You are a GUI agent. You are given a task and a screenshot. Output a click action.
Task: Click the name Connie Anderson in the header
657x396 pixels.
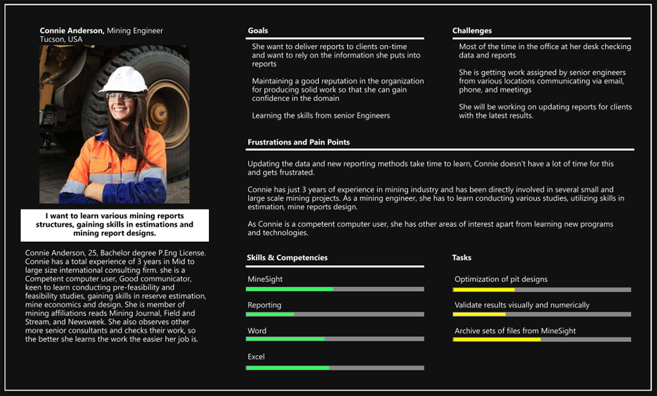pos(72,31)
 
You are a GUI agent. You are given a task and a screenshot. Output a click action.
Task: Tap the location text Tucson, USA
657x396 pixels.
pos(61,40)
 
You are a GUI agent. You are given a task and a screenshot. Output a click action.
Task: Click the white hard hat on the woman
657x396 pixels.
pos(124,80)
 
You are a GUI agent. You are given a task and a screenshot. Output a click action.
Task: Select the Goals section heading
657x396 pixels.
pos(258,31)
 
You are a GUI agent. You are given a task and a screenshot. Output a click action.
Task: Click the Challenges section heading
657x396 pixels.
pos(472,31)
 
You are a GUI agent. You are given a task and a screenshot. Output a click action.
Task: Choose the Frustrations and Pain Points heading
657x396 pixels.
pos(299,142)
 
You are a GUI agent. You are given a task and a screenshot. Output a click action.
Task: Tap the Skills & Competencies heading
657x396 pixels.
pos(287,258)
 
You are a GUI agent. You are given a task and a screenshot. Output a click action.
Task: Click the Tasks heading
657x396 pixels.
pos(461,258)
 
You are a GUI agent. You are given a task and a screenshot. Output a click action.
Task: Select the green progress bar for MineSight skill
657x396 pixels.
pos(290,289)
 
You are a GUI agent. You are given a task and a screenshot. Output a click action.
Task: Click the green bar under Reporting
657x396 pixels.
pos(270,314)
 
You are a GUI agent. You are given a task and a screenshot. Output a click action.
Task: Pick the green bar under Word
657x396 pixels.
pos(286,339)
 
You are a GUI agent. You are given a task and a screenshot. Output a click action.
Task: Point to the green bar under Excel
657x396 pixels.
pos(288,368)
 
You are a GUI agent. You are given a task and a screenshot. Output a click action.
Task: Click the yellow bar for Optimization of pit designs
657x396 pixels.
pos(484,290)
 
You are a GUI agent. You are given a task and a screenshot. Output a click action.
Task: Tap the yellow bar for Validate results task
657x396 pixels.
pos(479,314)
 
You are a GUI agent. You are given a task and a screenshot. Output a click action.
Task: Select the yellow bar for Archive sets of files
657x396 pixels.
pos(497,339)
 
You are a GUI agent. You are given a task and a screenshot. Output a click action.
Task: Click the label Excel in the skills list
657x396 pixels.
pos(256,357)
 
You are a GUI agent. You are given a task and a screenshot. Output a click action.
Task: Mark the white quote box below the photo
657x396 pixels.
pos(114,225)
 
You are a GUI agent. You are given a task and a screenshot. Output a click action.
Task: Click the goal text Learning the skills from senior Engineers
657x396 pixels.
pos(321,115)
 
